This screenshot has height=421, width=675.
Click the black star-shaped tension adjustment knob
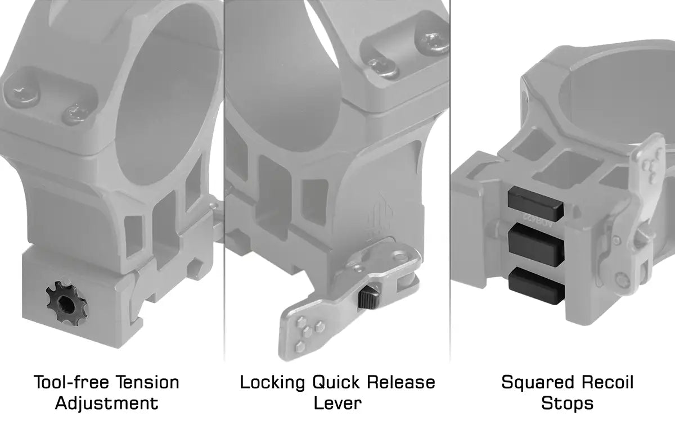click(x=66, y=304)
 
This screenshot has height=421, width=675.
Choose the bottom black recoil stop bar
click(x=537, y=286)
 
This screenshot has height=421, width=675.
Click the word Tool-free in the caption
click(x=71, y=382)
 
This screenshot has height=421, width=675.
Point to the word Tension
click(x=147, y=382)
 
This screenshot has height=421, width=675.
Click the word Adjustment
click(x=107, y=404)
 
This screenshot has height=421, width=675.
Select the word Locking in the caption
click(x=272, y=383)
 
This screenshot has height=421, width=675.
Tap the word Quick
click(x=336, y=382)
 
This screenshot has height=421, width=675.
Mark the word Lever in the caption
click(x=337, y=404)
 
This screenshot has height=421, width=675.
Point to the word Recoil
click(x=607, y=382)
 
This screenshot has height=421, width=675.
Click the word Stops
click(x=568, y=404)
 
